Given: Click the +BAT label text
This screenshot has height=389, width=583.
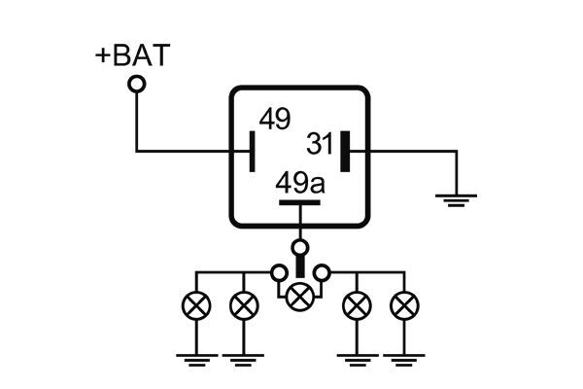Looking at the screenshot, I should coord(131,54).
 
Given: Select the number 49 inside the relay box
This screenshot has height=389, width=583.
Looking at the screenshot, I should coord(274,120).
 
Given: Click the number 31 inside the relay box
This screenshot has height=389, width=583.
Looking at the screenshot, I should coord(320,144).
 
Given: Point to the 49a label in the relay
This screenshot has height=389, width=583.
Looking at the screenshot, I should coord(298,183).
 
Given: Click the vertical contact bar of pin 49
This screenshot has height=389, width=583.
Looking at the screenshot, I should coord(253,151).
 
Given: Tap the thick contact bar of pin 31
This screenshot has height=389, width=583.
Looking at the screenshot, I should coord(344,151).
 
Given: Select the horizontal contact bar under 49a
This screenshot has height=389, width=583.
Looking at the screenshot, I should coord(300,203).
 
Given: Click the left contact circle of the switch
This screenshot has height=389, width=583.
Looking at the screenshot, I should coord(278,270).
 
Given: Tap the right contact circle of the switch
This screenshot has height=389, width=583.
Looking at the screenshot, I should coord(323,270).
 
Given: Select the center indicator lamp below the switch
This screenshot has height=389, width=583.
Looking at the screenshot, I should coord(300,293).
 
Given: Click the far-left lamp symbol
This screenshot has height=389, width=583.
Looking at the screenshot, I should coord(197,306).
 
